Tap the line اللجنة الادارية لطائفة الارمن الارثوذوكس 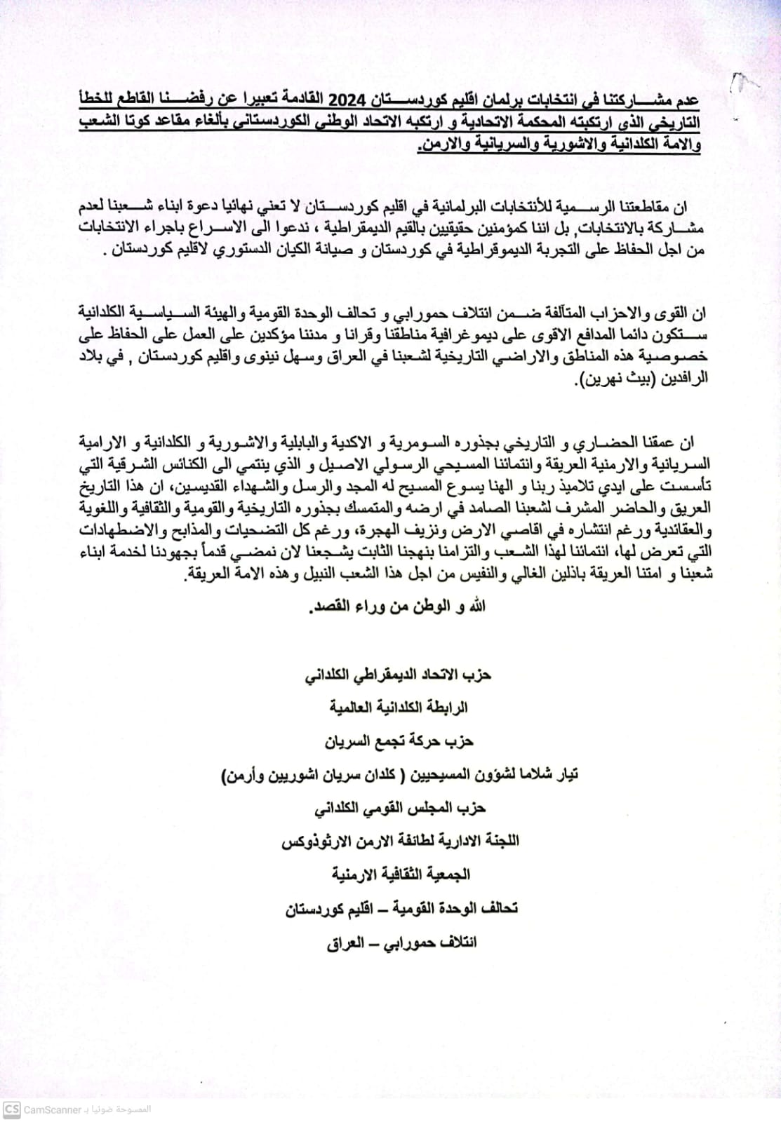tap(400, 841)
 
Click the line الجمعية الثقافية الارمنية tap(401, 874)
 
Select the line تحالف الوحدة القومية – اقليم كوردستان tap(401, 908)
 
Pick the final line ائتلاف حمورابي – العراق tap(402, 942)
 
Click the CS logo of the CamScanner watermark tap(11, 1109)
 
